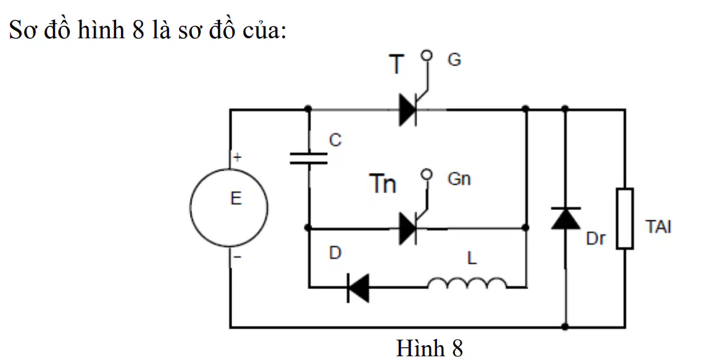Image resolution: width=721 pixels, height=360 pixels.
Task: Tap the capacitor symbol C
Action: pyautogui.click(x=309, y=159)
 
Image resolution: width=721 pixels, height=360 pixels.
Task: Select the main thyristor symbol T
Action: pyautogui.click(x=408, y=109)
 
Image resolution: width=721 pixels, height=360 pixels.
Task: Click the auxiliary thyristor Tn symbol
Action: pyautogui.click(x=408, y=228)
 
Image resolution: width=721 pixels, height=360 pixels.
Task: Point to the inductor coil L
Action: pyautogui.click(x=467, y=283)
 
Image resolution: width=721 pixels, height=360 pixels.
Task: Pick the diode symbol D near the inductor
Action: pyautogui.click(x=358, y=288)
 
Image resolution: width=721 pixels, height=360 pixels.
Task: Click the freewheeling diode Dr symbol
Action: pyautogui.click(x=565, y=218)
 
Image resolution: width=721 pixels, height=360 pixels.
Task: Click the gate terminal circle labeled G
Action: pyautogui.click(x=427, y=55)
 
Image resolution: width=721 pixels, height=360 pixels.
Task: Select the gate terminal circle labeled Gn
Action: pyautogui.click(x=427, y=174)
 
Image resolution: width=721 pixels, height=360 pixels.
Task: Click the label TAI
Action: pyautogui.click(x=659, y=227)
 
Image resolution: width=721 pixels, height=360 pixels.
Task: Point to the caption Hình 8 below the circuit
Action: pyautogui.click(x=429, y=348)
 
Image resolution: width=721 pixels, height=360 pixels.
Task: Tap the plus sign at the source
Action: pyautogui.click(x=237, y=157)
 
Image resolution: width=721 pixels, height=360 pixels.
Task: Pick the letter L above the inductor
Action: pyautogui.click(x=472, y=259)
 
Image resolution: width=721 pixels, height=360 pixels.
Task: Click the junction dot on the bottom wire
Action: pyautogui.click(x=565, y=327)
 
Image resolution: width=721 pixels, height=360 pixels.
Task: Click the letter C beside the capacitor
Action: pyautogui.click(x=336, y=141)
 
